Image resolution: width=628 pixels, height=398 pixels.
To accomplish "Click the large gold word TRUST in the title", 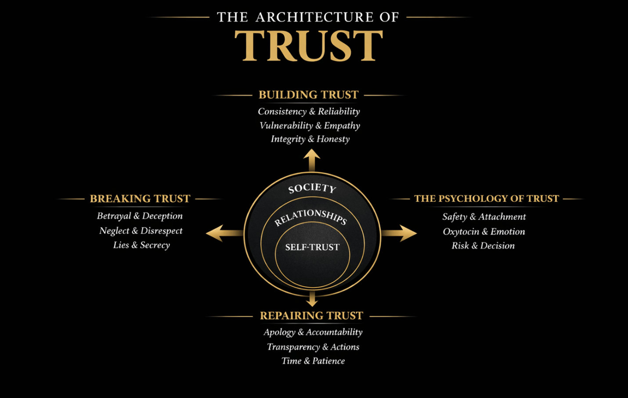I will click(309, 46).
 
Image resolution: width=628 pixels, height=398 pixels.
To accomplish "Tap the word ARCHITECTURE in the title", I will click(314, 17).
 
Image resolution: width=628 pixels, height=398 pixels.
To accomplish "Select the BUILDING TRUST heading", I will click(308, 95).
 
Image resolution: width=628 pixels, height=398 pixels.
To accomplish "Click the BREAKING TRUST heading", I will click(140, 199).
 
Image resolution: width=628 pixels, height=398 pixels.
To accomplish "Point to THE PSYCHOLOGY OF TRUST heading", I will click(487, 199).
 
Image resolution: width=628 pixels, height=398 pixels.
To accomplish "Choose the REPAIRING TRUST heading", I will click(311, 316).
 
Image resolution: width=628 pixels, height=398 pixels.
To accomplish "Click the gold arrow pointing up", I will click(312, 159).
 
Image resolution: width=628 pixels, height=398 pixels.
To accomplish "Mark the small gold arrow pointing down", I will click(312, 299).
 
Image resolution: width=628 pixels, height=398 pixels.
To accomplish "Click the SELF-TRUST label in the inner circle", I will click(312, 247).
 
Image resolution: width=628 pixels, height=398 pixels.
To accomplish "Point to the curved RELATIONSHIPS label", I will click(310, 216).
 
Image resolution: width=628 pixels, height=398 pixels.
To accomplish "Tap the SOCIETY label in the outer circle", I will click(312, 189).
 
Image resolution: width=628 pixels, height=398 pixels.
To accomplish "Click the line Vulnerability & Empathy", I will click(310, 126).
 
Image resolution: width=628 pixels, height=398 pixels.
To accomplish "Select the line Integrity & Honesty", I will click(310, 139).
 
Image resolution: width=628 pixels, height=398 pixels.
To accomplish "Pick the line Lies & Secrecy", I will click(141, 245).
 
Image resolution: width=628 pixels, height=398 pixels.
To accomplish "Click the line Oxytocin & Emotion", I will click(484, 232).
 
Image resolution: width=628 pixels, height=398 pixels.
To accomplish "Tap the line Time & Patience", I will click(313, 361).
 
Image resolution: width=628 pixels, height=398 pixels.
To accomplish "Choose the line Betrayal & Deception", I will click(140, 216).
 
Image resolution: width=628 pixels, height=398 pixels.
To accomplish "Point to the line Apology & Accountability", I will click(313, 332).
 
